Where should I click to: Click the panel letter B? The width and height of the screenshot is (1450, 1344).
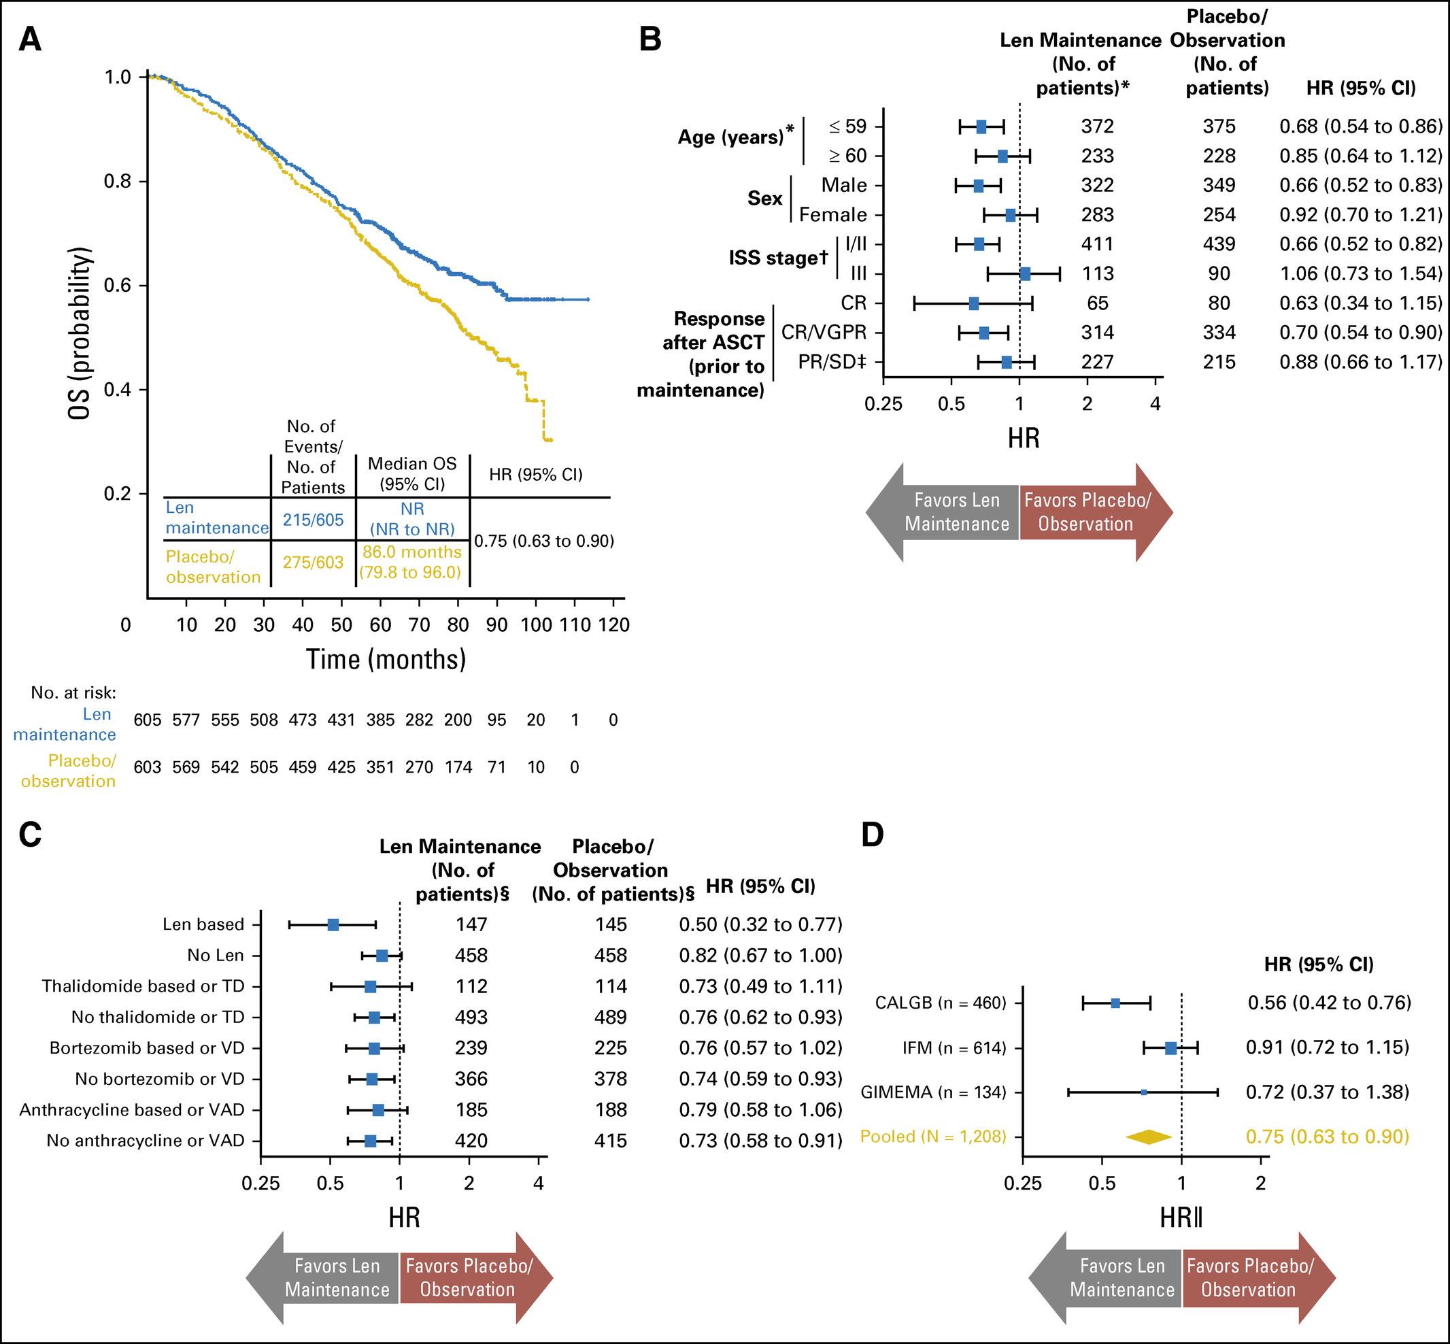point(650,39)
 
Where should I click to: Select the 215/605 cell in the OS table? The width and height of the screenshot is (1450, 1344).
point(313,519)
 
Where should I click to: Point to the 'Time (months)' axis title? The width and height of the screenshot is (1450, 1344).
point(386,659)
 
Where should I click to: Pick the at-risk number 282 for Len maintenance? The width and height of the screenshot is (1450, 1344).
point(419,720)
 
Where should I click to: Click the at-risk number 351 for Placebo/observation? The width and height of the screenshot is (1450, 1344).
point(380,767)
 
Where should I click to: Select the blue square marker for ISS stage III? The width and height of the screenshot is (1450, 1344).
point(1025,273)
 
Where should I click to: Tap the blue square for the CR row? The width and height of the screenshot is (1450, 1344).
point(974,303)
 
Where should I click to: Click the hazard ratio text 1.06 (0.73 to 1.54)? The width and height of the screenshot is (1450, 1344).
point(1360,273)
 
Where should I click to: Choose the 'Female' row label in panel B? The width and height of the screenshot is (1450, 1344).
point(832,214)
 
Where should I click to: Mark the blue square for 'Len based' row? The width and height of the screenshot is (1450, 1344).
point(333,924)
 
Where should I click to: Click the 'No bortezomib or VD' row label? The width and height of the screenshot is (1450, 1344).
point(160,1079)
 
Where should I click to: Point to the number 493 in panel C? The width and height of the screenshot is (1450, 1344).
point(471,1017)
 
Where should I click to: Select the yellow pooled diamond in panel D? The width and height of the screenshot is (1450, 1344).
point(1149,1136)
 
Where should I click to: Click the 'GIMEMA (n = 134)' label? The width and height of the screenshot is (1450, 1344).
point(933,1092)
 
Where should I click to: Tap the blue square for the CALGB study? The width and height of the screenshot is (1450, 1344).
point(1115,1003)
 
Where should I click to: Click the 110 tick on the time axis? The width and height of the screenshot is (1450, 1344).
point(575,624)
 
